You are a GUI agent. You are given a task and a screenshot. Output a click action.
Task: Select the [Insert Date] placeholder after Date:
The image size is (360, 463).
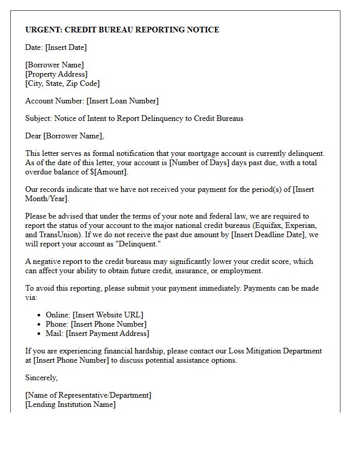[66, 47]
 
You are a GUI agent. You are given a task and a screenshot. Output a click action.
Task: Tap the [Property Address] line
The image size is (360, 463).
[56, 74]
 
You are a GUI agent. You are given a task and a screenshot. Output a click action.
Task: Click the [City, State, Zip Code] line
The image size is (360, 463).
[62, 83]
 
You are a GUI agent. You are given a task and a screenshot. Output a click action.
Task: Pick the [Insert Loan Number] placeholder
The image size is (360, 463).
[122, 101]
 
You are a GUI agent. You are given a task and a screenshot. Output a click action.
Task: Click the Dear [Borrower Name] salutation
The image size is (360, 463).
[64, 136]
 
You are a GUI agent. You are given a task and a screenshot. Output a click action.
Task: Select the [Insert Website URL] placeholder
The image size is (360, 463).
[108, 315]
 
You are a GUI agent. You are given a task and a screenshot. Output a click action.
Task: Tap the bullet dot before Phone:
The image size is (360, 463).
[40, 325]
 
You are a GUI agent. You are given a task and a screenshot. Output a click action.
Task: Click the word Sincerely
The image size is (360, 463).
[41, 378]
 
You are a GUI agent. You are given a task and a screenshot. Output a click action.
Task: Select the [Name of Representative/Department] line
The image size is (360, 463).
[88, 395]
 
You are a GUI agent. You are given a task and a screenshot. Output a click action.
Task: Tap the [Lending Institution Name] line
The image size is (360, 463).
[70, 404]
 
